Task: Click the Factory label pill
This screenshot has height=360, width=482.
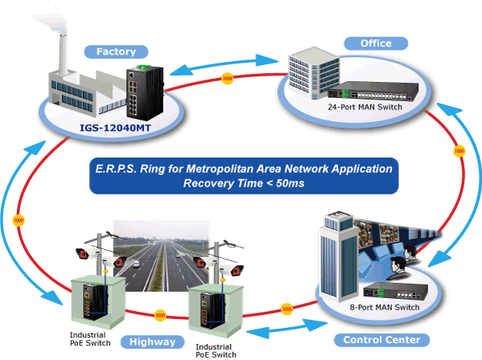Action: [x=116, y=51]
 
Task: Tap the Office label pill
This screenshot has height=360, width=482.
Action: [x=376, y=43]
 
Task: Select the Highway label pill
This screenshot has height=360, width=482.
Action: [x=153, y=342]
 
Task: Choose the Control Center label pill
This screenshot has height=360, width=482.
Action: [x=382, y=340]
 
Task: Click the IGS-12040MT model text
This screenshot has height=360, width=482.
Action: [x=115, y=128]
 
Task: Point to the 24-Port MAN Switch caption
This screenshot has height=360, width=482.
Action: [x=365, y=107]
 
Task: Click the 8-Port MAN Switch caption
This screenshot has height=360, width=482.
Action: [x=385, y=307]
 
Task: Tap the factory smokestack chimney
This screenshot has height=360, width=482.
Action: [x=63, y=54]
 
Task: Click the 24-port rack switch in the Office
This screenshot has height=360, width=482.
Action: [x=374, y=91]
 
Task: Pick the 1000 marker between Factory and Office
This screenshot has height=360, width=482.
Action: [x=227, y=79]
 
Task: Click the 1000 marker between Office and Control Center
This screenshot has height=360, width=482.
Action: [x=460, y=151]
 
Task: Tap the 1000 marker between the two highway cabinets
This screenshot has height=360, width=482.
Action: [x=160, y=316]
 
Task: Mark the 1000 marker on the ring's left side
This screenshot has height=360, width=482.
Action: [x=18, y=220]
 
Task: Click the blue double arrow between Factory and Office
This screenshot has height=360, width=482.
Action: [x=224, y=64]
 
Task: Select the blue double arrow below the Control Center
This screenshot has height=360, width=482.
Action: [x=287, y=329]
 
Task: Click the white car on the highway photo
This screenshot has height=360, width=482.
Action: [x=137, y=264]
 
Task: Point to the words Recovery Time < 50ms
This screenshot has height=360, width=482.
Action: [x=243, y=183]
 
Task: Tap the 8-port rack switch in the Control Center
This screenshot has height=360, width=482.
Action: [x=395, y=291]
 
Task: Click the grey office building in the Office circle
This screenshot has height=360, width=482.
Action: [x=314, y=73]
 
